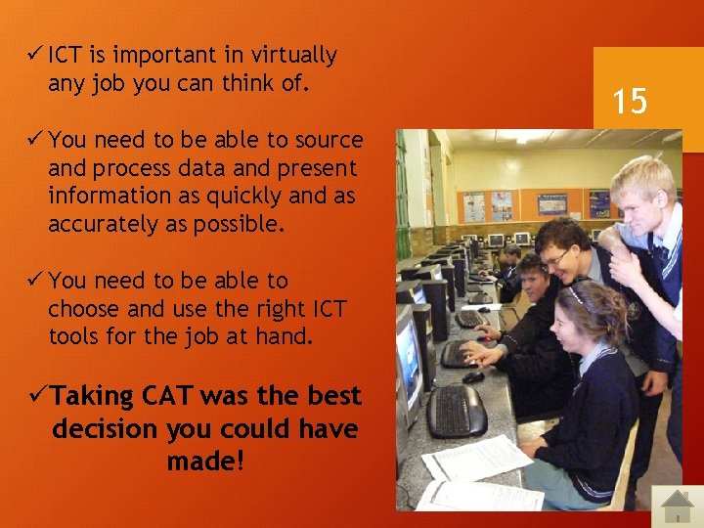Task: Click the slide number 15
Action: pos(631,100)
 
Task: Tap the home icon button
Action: pos(677,506)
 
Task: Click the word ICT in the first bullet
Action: pos(66,55)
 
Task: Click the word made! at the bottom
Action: pos(205,462)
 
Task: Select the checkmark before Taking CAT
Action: pos(38,396)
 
